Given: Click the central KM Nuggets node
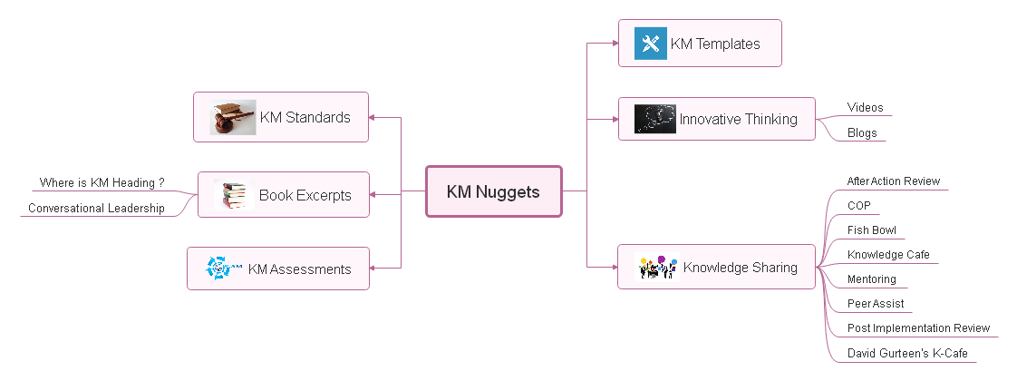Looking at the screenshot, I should [x=493, y=191].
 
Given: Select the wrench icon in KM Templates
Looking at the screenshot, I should [x=650, y=44].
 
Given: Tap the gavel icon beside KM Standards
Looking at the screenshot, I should [x=233, y=118].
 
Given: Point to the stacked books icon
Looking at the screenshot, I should [x=234, y=195].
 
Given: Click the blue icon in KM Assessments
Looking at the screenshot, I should [x=220, y=269].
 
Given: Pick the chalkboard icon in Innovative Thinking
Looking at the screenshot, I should [x=654, y=119].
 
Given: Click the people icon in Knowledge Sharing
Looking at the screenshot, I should [x=658, y=268].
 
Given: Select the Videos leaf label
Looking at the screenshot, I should [x=865, y=108].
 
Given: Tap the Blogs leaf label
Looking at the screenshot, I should [x=862, y=133].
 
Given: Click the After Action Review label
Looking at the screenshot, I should [x=893, y=181].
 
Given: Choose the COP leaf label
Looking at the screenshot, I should [x=858, y=206].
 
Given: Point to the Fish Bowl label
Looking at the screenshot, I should [x=871, y=230].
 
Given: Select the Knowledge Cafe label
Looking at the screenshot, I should [x=888, y=255].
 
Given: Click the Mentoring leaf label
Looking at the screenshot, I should [x=871, y=279].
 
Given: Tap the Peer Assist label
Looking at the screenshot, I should [x=875, y=304].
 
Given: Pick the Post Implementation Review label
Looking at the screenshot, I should [x=918, y=328].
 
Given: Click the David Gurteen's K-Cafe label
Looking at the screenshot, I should [x=906, y=353].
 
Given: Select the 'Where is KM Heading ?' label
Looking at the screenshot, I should [x=102, y=183].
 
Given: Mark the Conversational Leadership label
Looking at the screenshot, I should [x=96, y=209].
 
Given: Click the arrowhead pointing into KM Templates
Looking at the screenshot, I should [x=614, y=44].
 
